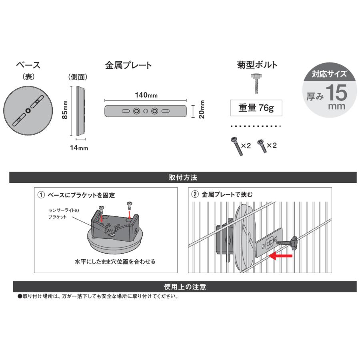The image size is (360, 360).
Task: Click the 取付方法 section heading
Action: click(x=183, y=177)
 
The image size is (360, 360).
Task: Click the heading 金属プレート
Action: click(x=128, y=65)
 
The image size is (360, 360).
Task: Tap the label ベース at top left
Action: click(x=28, y=65)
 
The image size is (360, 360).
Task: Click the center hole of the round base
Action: click(x=28, y=111)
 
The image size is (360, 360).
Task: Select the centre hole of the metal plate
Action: click(x=146, y=111)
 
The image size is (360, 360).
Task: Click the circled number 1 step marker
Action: click(x=40, y=195)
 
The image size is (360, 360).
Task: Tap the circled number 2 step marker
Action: click(x=195, y=195)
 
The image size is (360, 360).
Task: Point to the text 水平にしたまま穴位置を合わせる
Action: click(x=115, y=262)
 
